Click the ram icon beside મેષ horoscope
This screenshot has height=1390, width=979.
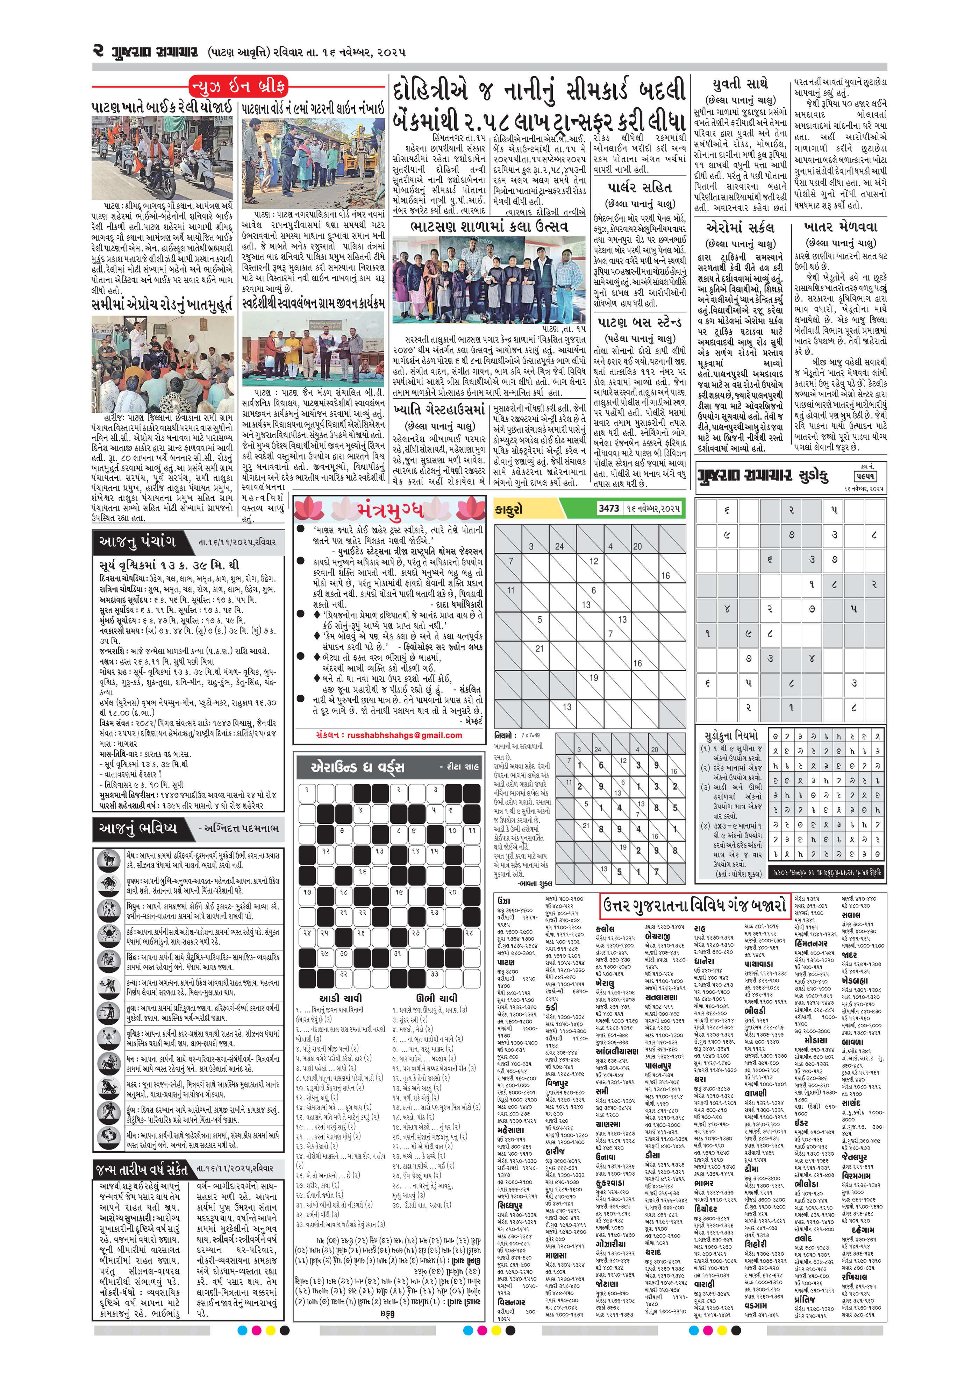(x=109, y=859)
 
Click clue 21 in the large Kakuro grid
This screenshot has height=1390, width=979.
(x=539, y=648)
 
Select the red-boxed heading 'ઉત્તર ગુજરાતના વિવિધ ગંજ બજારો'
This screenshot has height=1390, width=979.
(x=695, y=906)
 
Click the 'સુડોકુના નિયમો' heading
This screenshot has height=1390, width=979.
(x=730, y=736)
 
